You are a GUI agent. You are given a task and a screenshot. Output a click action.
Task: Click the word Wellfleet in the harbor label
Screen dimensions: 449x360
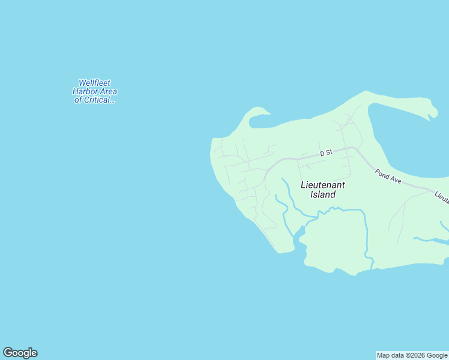[95, 83]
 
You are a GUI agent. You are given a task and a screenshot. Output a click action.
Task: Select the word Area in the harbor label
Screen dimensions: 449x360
[109, 92]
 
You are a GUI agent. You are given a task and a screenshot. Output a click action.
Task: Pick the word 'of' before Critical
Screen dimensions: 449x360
[78, 100]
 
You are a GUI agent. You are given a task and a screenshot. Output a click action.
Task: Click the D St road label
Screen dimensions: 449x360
[326, 154]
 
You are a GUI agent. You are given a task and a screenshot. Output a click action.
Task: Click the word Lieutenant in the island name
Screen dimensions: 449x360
[324, 185]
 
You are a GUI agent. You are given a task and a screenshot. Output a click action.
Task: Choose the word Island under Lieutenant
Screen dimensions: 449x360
[323, 194]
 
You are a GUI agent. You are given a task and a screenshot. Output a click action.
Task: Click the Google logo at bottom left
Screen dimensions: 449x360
[20, 353]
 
